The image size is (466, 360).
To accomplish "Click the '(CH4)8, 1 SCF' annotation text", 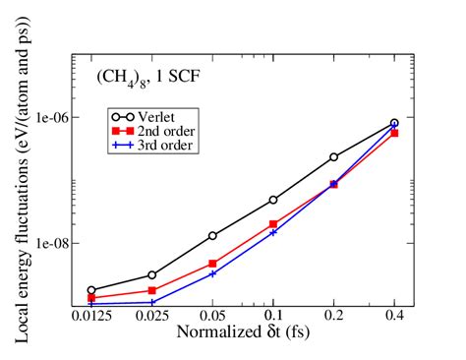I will (143, 76).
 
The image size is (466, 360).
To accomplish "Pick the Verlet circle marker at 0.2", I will (333, 157).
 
